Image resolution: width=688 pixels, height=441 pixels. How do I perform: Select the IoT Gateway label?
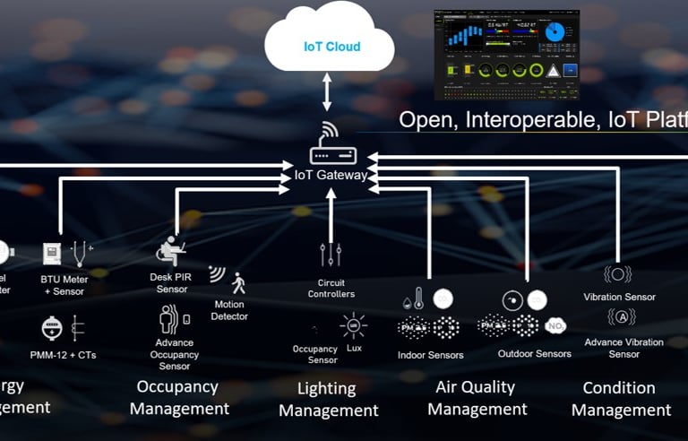331,175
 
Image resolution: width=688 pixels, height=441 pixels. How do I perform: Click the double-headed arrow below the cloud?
328,91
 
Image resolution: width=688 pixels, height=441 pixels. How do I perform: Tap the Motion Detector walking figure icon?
237,284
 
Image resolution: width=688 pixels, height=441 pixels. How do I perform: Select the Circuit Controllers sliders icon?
331,255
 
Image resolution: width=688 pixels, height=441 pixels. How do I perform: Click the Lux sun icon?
353,324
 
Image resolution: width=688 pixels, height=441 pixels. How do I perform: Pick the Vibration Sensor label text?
619,297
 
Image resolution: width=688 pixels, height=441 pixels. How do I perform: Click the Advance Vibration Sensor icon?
621,317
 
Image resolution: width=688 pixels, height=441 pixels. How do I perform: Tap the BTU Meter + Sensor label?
65,285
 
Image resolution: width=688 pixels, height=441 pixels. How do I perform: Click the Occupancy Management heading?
178,397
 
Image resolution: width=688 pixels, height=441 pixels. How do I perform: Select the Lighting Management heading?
328,400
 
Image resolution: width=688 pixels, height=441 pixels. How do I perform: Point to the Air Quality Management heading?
476,398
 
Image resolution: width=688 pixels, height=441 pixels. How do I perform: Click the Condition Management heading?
620,399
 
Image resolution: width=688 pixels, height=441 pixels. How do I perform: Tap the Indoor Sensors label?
430,355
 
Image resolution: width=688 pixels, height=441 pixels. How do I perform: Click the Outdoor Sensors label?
534,353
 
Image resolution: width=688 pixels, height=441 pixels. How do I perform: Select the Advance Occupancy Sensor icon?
172,318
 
